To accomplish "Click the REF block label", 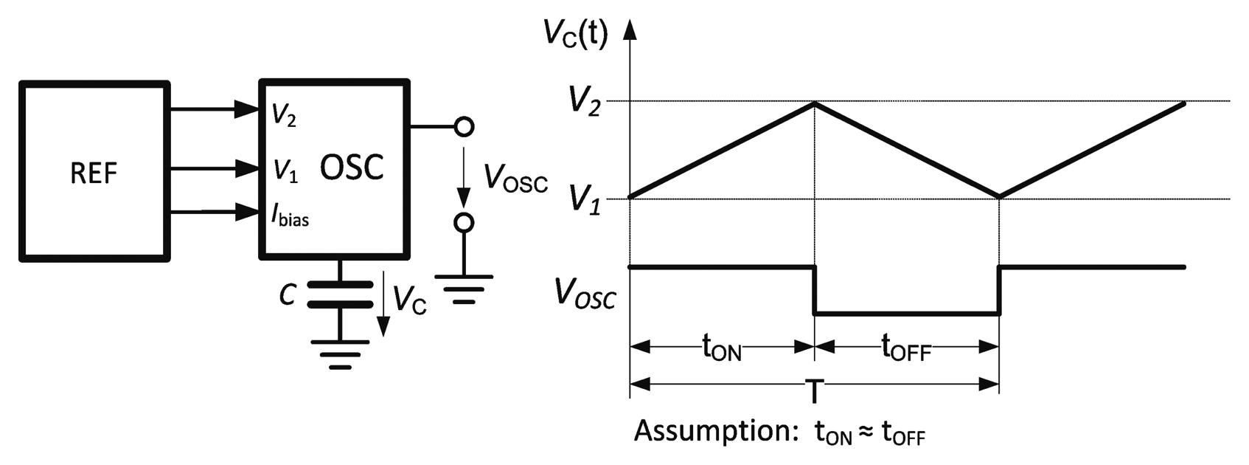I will tap(94, 173).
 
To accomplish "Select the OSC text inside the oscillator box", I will tap(352, 168).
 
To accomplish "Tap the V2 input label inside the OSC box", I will tap(284, 114).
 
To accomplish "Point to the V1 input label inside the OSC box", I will tap(285, 171).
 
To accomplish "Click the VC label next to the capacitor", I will tap(410, 300).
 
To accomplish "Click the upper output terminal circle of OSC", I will tap(463, 127).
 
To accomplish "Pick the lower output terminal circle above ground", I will tap(463, 222).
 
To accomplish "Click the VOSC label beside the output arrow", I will tap(515, 179).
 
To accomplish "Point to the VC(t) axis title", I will tap(575, 34).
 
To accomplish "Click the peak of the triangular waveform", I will tap(814, 103).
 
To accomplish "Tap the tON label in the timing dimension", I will tap(721, 346).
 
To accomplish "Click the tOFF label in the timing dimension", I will tap(906, 346).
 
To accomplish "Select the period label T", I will tap(814, 390).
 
